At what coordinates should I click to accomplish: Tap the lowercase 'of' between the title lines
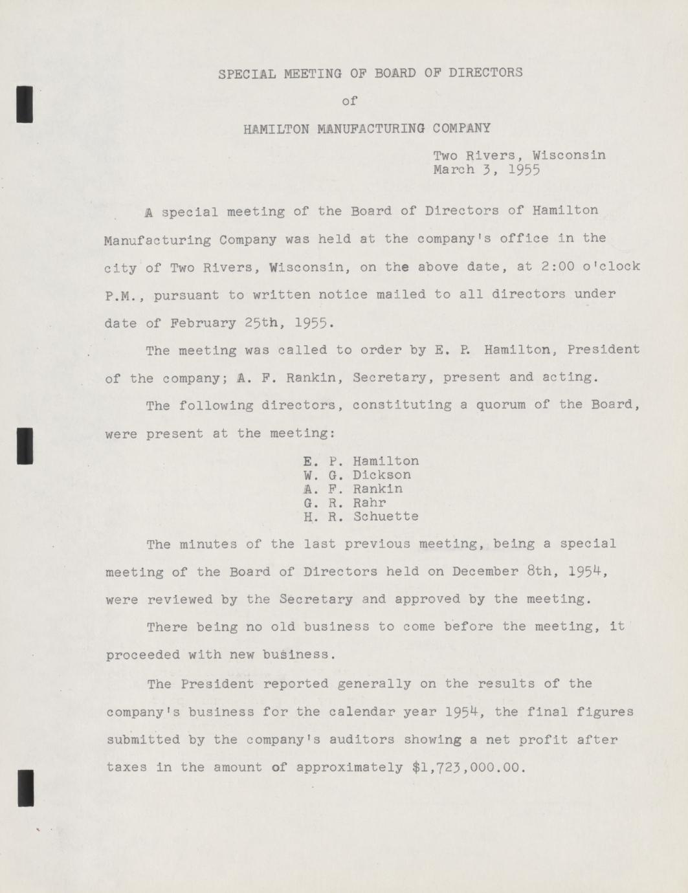coord(350,101)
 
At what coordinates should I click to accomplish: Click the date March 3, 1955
coord(487,170)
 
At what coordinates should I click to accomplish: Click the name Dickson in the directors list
coord(382,475)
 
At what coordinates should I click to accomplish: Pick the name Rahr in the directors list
coord(370,503)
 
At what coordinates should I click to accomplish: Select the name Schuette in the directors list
coord(386,516)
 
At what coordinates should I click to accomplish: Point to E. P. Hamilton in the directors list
coord(361,461)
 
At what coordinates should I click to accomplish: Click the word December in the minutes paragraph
coord(485,571)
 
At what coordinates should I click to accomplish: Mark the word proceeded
coord(142,655)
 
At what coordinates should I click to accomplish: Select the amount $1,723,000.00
coord(465,767)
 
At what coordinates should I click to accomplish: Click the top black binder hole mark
coord(25,104)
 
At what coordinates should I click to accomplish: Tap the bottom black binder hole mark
coord(25,788)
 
